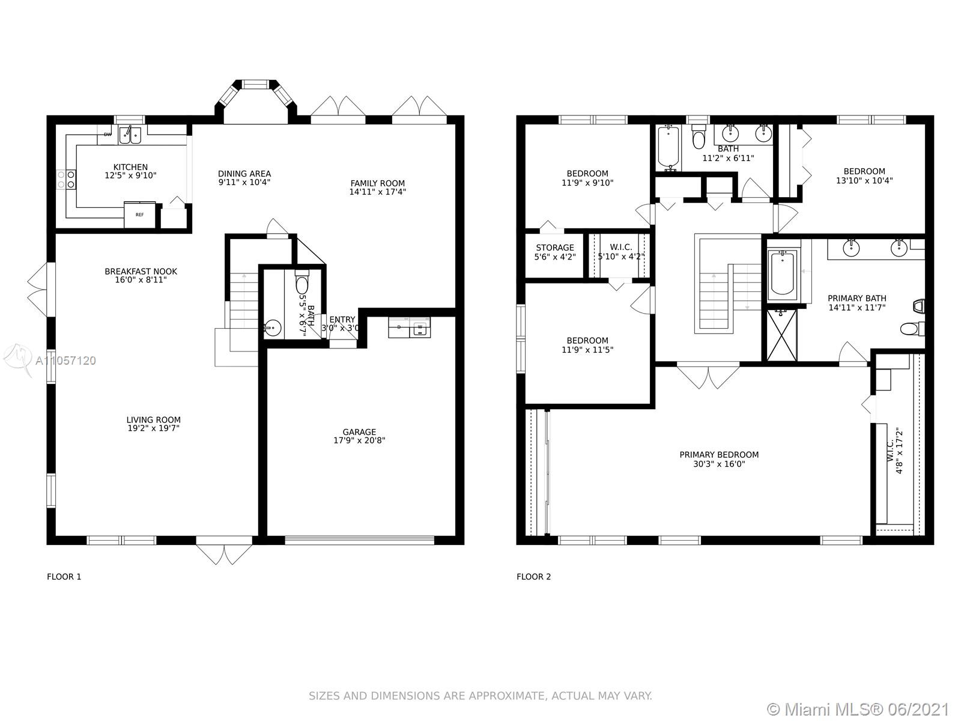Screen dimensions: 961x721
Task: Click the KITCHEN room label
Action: tap(130, 167)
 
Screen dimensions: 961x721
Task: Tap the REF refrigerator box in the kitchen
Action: tap(140, 214)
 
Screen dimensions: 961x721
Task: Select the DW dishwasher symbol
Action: tap(108, 135)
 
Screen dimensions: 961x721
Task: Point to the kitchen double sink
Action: tap(130, 135)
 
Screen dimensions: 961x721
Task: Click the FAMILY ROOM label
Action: tap(377, 183)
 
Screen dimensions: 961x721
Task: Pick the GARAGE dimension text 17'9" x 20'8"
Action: tap(359, 440)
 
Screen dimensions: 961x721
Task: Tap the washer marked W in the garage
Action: tap(420, 327)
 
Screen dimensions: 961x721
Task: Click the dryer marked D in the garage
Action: tap(399, 327)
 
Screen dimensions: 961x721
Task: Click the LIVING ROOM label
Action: tap(153, 420)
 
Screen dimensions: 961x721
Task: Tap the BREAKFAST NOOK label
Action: tap(141, 272)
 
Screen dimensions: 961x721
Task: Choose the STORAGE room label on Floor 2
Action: tap(555, 248)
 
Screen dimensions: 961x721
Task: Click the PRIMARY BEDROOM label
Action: tap(719, 455)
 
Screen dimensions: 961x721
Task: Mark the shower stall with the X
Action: tap(782, 335)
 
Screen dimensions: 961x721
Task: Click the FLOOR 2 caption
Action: tap(534, 577)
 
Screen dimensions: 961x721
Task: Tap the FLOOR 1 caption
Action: tap(64, 577)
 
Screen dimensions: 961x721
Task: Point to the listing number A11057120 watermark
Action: tap(65, 360)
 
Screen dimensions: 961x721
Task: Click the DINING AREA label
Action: tap(244, 174)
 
